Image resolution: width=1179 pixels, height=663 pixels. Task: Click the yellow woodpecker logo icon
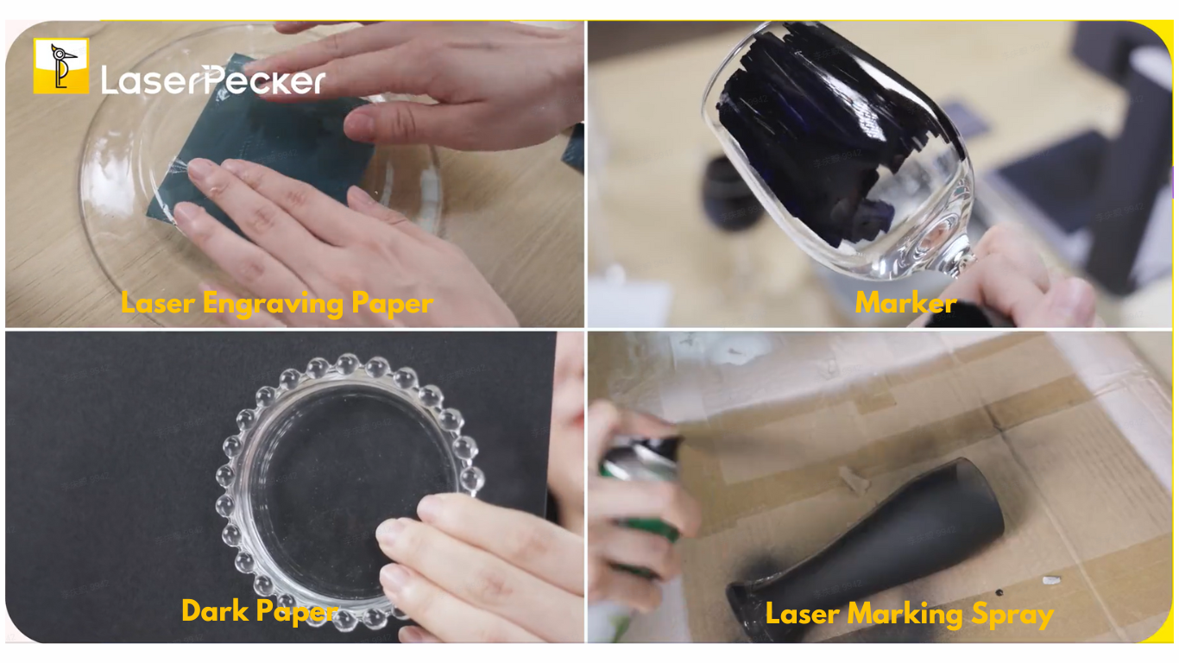coord(61,66)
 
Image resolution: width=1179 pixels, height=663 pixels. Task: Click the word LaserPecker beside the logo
coord(213,80)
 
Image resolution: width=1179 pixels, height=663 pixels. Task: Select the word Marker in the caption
coord(905,303)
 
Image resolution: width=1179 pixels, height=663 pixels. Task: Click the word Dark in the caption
coord(215,610)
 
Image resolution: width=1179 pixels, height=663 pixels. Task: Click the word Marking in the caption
coord(905,615)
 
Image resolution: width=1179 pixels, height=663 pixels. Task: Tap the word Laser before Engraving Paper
coord(158,303)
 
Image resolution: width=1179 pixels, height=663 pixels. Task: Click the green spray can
coord(640,489)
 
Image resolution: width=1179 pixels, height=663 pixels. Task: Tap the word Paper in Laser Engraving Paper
coord(392,305)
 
